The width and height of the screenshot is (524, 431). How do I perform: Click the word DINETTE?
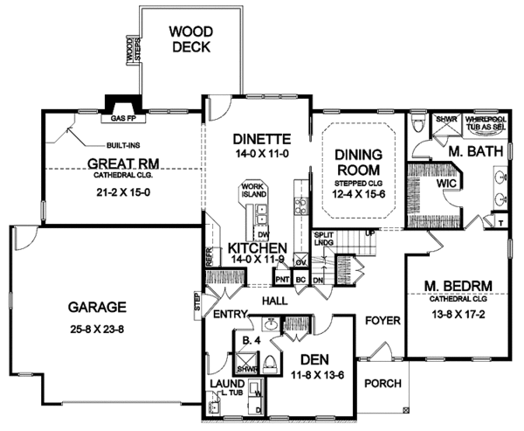click(256, 138)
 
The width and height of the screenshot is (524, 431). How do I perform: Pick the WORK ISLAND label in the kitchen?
click(253, 191)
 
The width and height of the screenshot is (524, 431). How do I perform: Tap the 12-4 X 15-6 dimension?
click(360, 195)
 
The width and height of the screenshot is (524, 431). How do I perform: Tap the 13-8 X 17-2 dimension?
click(455, 313)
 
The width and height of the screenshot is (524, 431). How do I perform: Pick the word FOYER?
click(382, 319)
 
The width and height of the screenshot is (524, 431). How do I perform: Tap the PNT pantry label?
click(282, 279)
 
